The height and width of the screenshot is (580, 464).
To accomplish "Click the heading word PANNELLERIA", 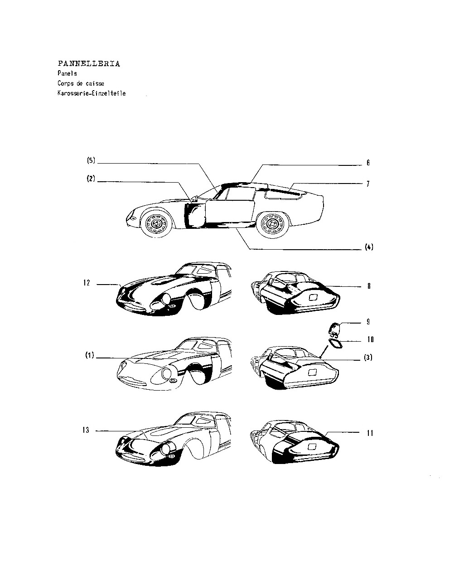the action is (x=89, y=63).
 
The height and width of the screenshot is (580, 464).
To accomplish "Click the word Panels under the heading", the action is (x=68, y=73).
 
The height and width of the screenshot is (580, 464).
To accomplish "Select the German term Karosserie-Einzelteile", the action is (x=92, y=93).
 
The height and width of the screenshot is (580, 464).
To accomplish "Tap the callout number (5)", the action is (x=91, y=160).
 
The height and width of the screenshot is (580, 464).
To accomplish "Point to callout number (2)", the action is (x=91, y=179).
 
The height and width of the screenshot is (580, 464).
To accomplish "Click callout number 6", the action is (x=368, y=163).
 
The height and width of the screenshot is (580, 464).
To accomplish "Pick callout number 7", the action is (x=368, y=184).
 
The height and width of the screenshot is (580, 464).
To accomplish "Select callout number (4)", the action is (x=369, y=247).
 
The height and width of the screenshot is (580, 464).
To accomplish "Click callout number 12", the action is (x=87, y=283).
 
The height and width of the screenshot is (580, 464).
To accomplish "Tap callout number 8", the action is (x=369, y=286).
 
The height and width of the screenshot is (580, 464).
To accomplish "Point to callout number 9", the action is (x=368, y=322).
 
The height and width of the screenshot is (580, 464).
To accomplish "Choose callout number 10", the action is (x=371, y=339).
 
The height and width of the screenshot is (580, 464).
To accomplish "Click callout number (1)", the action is (x=90, y=355).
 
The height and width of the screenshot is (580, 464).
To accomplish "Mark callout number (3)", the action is (x=368, y=358).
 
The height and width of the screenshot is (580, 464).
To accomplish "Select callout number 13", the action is (x=86, y=430).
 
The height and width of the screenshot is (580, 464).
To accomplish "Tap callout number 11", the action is (x=370, y=433).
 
